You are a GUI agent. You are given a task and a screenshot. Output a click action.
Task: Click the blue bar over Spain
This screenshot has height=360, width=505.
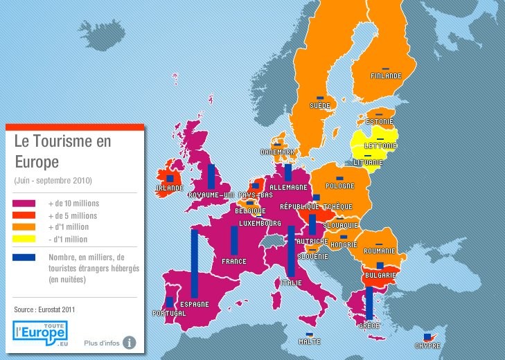(x=195, y=264)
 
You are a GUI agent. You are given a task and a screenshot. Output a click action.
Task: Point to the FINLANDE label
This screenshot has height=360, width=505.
(x=386, y=76)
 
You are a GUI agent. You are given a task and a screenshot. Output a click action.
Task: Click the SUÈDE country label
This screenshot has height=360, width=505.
(x=320, y=106)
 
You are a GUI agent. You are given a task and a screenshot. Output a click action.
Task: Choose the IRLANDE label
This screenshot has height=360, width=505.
(x=170, y=188)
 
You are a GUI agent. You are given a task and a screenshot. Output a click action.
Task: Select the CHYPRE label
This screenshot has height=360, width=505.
(x=427, y=345)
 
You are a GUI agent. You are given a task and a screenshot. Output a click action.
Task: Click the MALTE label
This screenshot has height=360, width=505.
(x=309, y=341)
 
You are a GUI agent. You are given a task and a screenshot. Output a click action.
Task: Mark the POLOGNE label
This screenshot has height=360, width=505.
(x=340, y=186)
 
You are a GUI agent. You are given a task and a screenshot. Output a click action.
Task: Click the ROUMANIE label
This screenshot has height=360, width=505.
(x=380, y=251)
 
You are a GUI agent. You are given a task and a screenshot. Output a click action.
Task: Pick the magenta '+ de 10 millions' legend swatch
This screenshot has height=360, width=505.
(x=24, y=204)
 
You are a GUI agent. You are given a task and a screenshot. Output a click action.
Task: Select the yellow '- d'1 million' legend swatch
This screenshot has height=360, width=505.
(x=24, y=240)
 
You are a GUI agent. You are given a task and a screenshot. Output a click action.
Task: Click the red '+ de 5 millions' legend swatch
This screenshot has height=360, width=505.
(x=24, y=215)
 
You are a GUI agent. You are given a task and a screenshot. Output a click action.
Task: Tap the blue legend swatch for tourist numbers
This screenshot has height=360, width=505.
(x=24, y=258)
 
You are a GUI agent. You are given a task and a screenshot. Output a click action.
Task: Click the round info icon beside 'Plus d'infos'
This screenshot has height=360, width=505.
(x=130, y=342)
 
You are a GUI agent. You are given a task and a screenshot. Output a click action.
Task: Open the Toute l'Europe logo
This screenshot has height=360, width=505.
(x=41, y=332)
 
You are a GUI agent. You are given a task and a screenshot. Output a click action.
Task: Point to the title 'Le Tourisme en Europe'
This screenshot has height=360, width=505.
(x=62, y=151)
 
